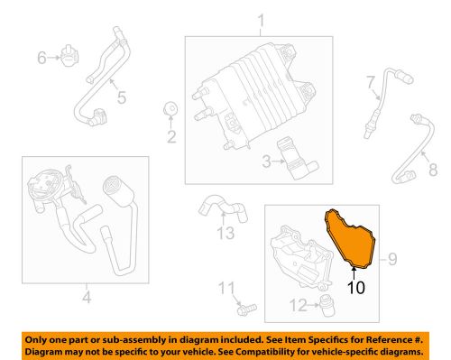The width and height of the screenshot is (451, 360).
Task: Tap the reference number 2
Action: pos(169,137)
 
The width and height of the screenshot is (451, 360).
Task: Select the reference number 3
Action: pos(265,162)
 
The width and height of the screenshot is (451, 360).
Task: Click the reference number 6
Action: pos(41,59)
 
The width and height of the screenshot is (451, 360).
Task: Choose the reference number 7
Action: pos(370,85)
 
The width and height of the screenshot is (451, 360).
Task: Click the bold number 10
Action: pos(355,289)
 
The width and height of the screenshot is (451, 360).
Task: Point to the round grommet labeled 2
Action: pos(169,110)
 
